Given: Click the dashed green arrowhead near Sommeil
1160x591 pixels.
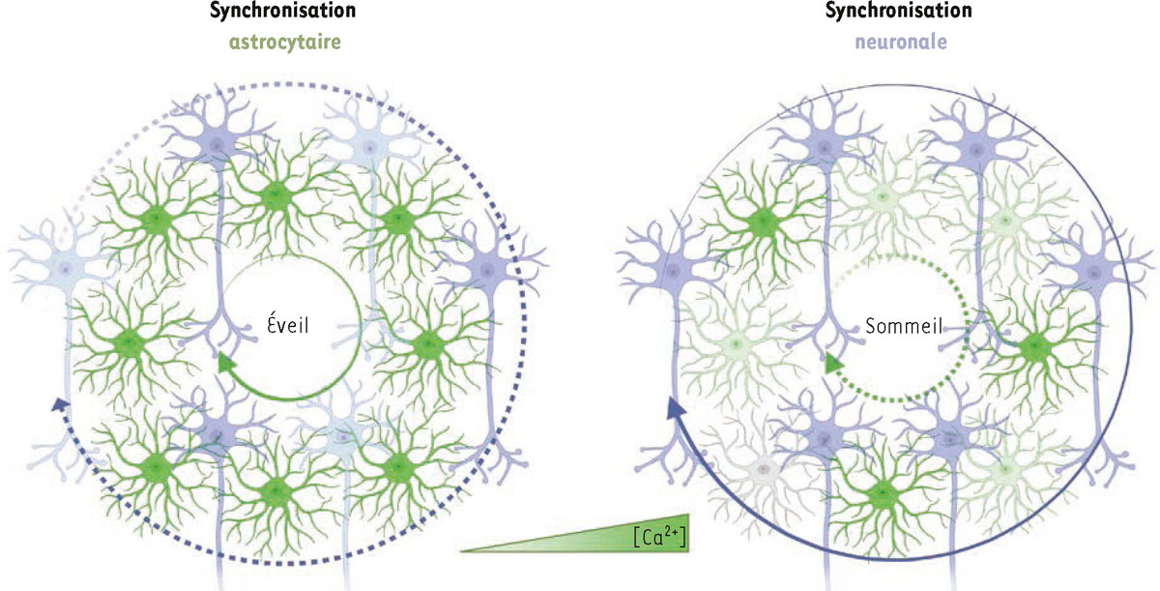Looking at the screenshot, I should pos(830,365).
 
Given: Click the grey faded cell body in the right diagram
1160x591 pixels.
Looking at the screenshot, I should pos(764,468).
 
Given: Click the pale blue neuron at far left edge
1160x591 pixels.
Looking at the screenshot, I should pos(64,267).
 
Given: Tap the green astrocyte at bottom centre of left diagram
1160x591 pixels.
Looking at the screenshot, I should pos(275,499).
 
